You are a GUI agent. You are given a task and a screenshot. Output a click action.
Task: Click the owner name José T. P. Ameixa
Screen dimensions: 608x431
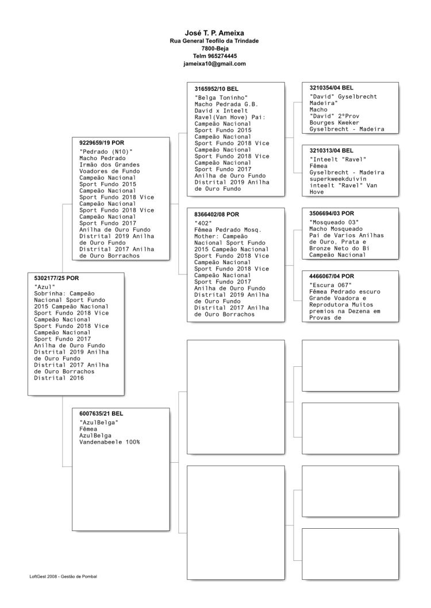[x=214, y=33]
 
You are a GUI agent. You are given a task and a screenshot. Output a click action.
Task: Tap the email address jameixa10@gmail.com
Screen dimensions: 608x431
[x=214, y=64]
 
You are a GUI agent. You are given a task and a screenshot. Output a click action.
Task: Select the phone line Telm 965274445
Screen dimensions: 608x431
[x=214, y=56]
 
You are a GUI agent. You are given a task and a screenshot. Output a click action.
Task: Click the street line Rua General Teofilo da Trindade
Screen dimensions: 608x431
[x=214, y=41]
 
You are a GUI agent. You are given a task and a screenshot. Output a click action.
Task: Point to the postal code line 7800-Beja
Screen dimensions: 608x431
[x=214, y=49]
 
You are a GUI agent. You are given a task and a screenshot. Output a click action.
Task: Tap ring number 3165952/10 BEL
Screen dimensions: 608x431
[x=216, y=89]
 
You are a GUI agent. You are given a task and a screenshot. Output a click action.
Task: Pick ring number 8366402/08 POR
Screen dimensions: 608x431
[x=216, y=214]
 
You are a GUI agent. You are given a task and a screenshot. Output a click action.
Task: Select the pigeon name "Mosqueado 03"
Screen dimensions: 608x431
[x=334, y=222]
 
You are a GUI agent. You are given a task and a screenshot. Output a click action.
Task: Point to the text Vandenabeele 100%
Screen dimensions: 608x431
[x=109, y=443]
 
